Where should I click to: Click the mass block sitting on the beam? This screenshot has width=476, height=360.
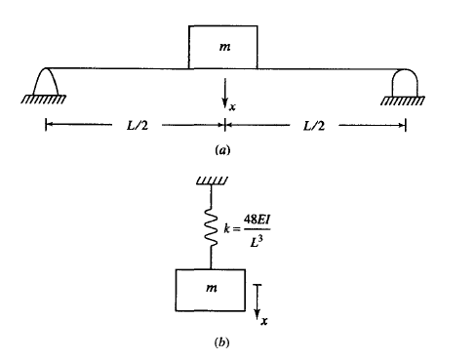pos(223,47)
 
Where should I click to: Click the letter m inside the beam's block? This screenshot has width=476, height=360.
pos(224,47)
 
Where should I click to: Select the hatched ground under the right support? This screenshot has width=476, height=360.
pos(402,100)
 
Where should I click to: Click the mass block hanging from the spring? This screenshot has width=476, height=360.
pos(211,291)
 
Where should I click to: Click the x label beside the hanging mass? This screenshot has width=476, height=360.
pos(265,319)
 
